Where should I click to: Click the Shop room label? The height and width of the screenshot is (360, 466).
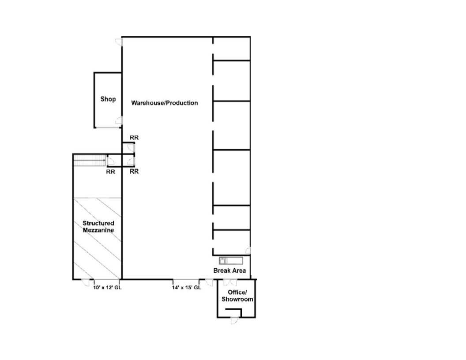coord(108,99)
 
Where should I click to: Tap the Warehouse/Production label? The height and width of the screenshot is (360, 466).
coord(164,103)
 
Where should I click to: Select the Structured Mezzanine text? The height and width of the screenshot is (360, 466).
coord(98,227)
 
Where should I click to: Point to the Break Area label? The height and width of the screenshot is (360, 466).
coord(229,270)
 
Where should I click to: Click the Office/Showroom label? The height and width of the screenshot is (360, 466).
coord(237,296)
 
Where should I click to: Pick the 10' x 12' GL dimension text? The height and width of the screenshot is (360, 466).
coord(107,288)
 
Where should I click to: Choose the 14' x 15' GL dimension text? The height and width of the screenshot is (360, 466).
coord(187,288)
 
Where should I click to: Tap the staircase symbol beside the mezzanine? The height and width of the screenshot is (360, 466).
coord(89,161)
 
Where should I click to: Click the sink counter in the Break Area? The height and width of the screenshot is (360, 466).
coord(231,261)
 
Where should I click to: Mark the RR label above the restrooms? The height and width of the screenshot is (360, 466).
coord(134,138)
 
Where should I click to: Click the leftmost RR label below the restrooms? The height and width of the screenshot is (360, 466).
coord(111,172)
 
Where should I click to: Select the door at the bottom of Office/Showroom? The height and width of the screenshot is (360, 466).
coord(234,320)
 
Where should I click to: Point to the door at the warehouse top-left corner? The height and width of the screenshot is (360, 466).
coord(119,42)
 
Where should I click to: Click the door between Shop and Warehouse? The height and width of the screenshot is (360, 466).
coord(119,120)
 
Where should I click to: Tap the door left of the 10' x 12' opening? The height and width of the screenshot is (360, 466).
coord(86,283)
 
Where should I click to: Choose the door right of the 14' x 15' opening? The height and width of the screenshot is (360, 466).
coord(209,283)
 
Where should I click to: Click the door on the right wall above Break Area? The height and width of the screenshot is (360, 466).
coord(248,251)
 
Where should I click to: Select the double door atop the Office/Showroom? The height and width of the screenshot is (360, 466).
coord(230,282)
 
